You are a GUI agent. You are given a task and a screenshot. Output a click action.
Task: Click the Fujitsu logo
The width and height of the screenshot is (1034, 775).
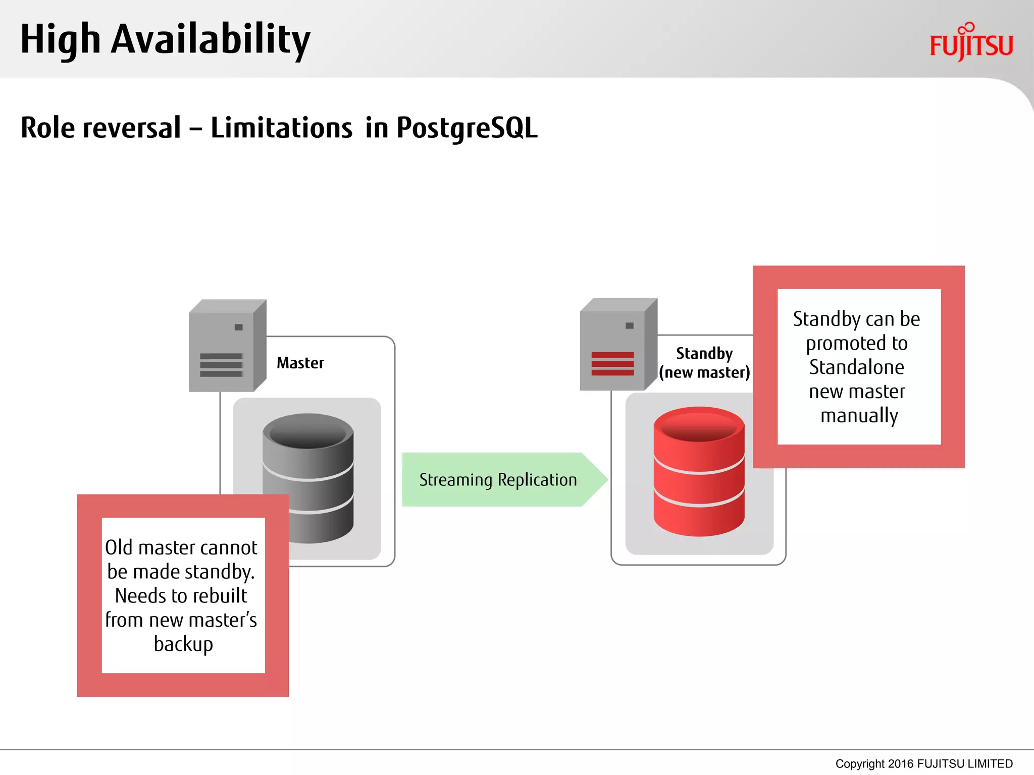click(x=971, y=43)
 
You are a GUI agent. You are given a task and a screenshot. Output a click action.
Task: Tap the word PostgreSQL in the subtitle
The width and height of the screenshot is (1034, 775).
click(x=467, y=128)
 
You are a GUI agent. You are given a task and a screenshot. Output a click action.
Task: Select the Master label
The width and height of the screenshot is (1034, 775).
click(x=300, y=363)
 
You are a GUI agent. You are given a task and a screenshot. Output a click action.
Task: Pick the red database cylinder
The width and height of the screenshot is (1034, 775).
click(x=699, y=472)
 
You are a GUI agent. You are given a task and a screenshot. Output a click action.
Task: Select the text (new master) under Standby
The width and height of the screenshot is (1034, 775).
click(x=704, y=372)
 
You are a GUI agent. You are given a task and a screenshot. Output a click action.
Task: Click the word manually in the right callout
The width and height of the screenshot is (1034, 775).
click(x=859, y=416)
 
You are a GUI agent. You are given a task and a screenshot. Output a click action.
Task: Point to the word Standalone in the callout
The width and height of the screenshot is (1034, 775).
click(x=856, y=367)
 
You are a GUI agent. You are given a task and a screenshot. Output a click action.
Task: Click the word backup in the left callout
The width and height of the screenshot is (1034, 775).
click(x=183, y=644)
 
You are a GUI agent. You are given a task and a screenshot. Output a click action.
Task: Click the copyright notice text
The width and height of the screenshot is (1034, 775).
click(x=923, y=763)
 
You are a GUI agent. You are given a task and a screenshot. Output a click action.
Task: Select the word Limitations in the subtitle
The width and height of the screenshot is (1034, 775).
click(x=281, y=128)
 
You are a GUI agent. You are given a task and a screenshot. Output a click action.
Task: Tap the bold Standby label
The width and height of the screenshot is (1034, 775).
click(x=704, y=353)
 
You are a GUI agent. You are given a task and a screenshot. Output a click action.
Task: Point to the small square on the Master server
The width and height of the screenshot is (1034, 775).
click(x=239, y=327)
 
